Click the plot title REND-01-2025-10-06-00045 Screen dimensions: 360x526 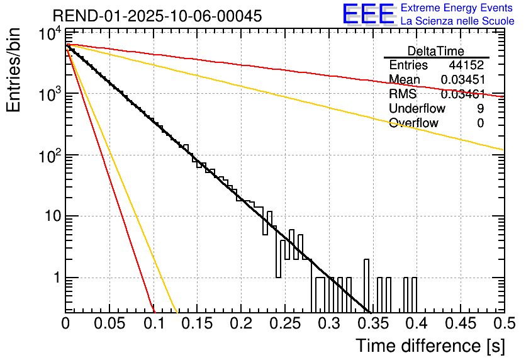[157, 16]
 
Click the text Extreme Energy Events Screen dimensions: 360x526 [457, 8]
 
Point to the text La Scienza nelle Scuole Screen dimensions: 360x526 [457, 21]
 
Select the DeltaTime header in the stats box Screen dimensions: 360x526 [436, 51]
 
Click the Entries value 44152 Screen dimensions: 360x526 [466, 65]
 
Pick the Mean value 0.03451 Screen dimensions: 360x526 [462, 80]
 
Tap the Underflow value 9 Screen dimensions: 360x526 [481, 109]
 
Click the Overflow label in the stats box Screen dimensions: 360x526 [413, 123]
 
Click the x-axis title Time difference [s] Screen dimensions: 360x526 [430, 346]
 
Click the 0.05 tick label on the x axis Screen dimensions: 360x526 [109, 324]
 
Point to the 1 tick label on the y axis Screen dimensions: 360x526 [54, 278]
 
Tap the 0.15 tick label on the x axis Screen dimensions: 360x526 [198, 324]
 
